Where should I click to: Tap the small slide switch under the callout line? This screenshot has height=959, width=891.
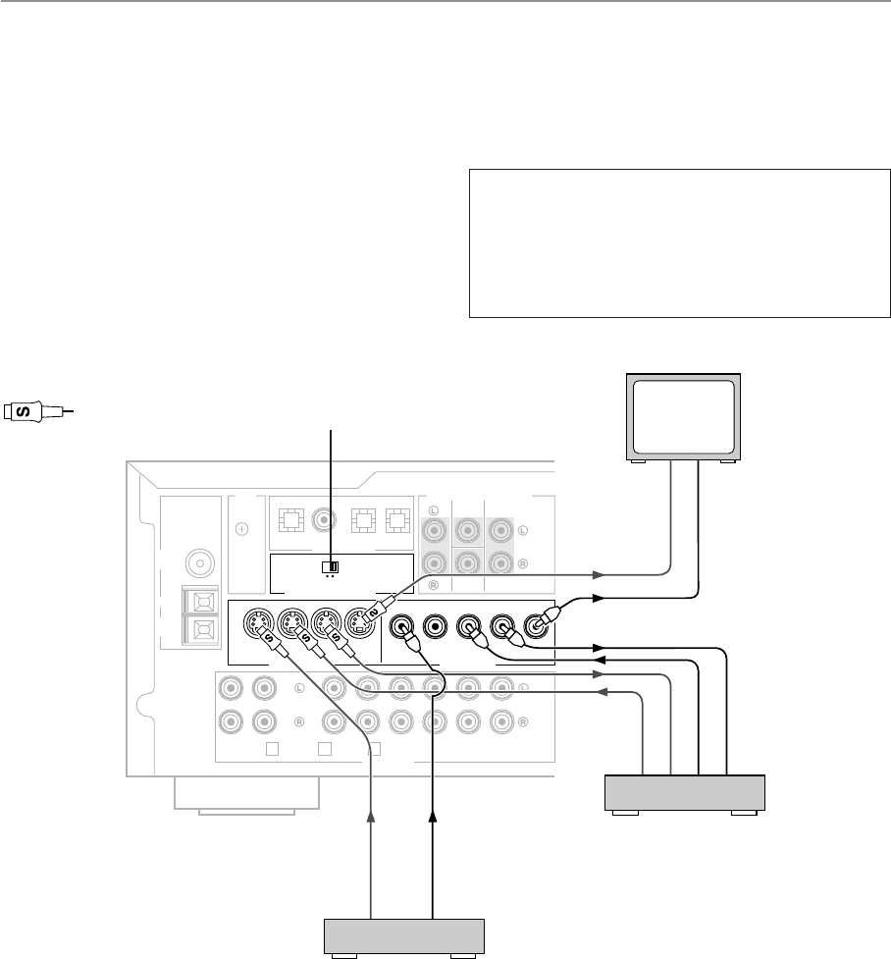point(331,566)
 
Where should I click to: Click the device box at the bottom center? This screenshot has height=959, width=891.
point(405,935)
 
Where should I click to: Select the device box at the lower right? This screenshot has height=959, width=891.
point(685,792)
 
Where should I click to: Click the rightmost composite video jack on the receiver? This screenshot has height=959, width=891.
point(538,623)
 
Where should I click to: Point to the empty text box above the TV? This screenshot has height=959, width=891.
point(679,243)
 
